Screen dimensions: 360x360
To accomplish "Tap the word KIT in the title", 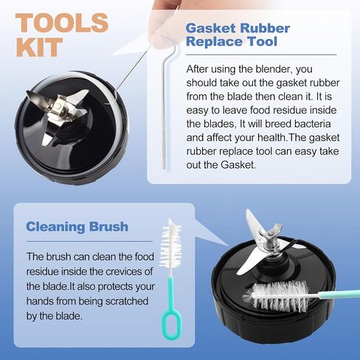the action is pyautogui.click(x=39, y=47).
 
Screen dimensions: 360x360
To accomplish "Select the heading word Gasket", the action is pyautogui.click(x=211, y=29).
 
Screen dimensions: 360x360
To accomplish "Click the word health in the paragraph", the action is pyautogui.click(x=271, y=137).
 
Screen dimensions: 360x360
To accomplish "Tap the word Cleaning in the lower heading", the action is pyautogui.click(x=55, y=227).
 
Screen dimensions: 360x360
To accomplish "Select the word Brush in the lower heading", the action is pyautogui.click(x=108, y=226).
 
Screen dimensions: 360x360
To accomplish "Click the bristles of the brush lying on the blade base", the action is pyautogui.click(x=277, y=296).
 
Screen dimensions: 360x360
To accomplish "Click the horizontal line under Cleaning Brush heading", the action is pyautogui.click(x=89, y=241).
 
